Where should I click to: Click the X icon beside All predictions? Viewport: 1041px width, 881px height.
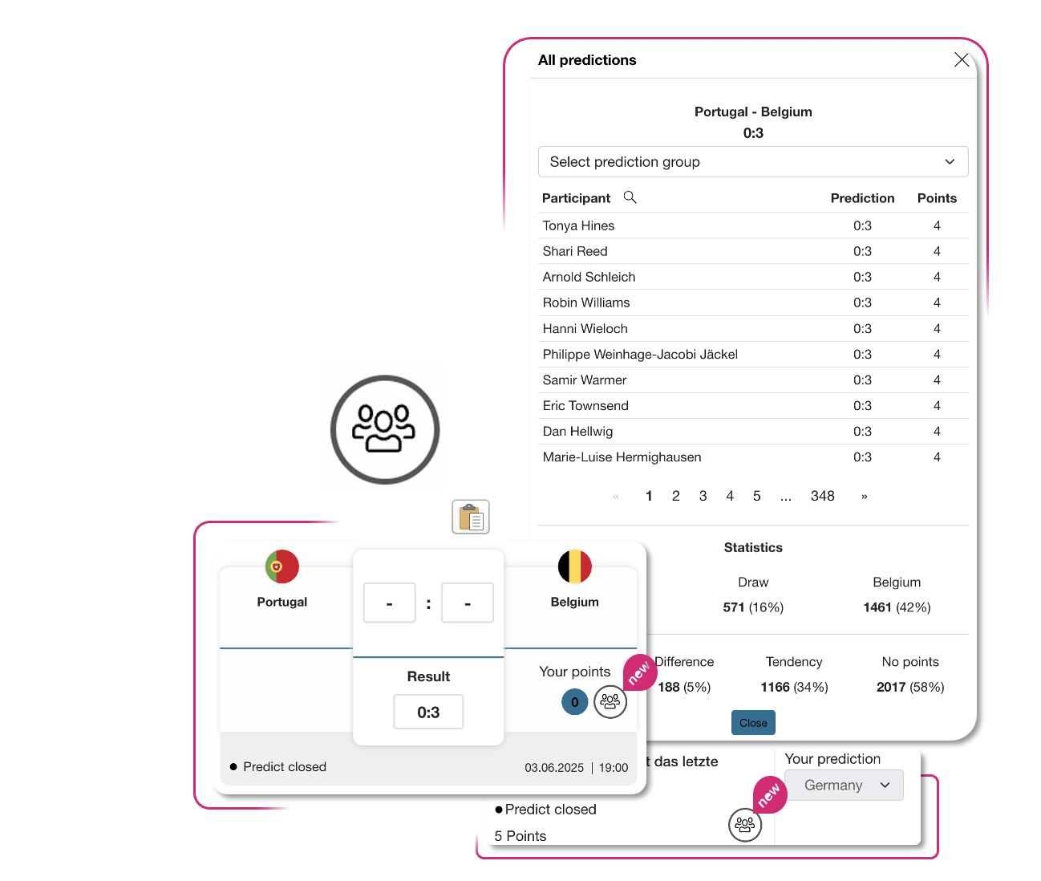pyautogui.click(x=961, y=60)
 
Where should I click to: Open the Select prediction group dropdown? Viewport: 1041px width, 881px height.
pyautogui.click(x=752, y=162)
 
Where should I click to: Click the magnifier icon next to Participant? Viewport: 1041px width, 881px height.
pyautogui.click(x=630, y=197)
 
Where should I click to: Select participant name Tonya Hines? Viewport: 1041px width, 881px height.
pyautogui.click(x=578, y=225)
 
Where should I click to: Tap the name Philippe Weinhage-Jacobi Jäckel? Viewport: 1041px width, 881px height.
pyautogui.click(x=640, y=355)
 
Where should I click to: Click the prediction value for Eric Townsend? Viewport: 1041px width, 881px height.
pyautogui.click(x=861, y=406)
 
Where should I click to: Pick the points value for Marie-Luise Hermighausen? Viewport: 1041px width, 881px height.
pyautogui.click(x=936, y=457)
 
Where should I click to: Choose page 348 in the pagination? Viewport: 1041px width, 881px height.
pyautogui.click(x=822, y=496)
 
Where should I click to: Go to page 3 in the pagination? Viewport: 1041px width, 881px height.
pyautogui.click(x=703, y=496)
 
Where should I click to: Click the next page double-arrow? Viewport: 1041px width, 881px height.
pyautogui.click(x=864, y=497)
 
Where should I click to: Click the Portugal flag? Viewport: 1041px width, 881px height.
pyautogui.click(x=282, y=566)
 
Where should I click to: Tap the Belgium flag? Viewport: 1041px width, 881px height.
pyautogui.click(x=574, y=566)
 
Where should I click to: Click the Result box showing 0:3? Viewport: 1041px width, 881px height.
pyautogui.click(x=428, y=712)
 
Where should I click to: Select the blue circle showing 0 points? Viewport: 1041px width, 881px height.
pyautogui.click(x=574, y=701)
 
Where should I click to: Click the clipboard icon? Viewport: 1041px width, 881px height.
pyautogui.click(x=471, y=517)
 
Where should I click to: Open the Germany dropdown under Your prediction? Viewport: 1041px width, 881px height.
pyautogui.click(x=844, y=785)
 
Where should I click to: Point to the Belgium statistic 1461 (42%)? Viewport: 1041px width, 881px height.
pyautogui.click(x=897, y=607)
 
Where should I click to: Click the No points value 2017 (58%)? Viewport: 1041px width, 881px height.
pyautogui.click(x=910, y=687)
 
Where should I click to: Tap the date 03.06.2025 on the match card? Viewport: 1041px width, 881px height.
pyautogui.click(x=554, y=768)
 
